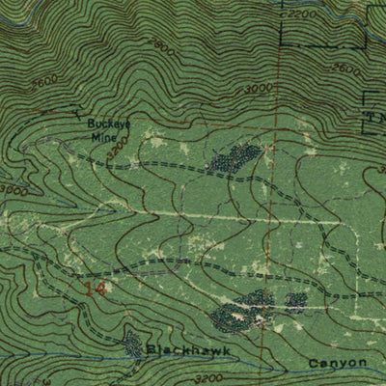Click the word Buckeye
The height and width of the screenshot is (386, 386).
[108, 124]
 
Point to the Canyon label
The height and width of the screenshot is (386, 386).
[339, 363]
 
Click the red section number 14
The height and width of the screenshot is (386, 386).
[95, 288]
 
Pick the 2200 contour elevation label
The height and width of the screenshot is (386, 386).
[301, 15]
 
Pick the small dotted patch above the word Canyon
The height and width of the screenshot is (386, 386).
[296, 302]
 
